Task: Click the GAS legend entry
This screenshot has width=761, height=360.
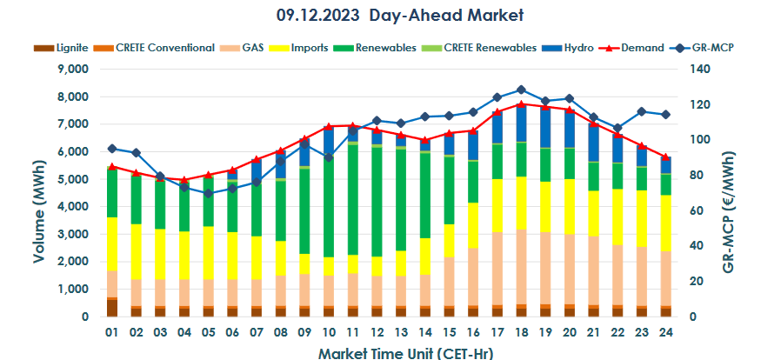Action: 249,47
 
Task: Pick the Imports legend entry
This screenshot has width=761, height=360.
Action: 304,47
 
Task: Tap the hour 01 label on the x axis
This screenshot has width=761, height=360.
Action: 112,333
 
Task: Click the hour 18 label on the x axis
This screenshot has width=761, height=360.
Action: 521,333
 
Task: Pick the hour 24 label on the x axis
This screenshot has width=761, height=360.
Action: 665,333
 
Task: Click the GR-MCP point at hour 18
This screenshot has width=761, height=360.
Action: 521,90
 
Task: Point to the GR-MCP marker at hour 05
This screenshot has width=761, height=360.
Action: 208,193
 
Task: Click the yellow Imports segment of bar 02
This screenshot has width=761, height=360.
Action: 136,252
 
